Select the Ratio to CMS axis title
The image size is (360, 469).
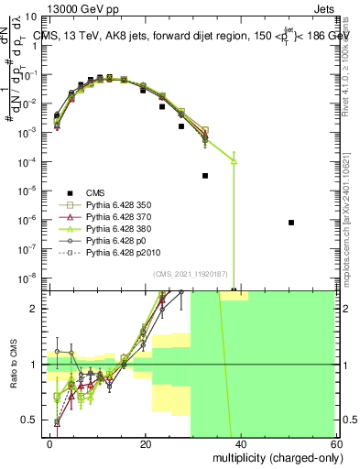(12, 365)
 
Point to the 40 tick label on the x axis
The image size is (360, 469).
(241, 443)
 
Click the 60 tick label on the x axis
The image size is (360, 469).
(336, 443)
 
